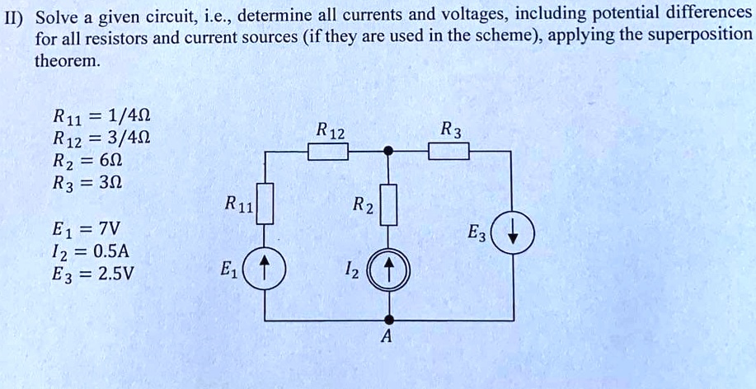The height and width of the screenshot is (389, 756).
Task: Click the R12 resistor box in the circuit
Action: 327,152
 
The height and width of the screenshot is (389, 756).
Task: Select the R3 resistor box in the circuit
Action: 448,152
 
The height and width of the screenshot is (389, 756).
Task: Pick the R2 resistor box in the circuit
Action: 389,204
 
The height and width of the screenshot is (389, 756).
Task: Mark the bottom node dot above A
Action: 390,318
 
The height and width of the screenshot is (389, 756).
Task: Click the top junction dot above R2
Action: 390,152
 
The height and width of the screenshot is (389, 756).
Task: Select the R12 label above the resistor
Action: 330,132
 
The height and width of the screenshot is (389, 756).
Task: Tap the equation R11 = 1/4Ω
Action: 100,115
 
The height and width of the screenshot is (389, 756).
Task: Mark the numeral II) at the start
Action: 14,14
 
